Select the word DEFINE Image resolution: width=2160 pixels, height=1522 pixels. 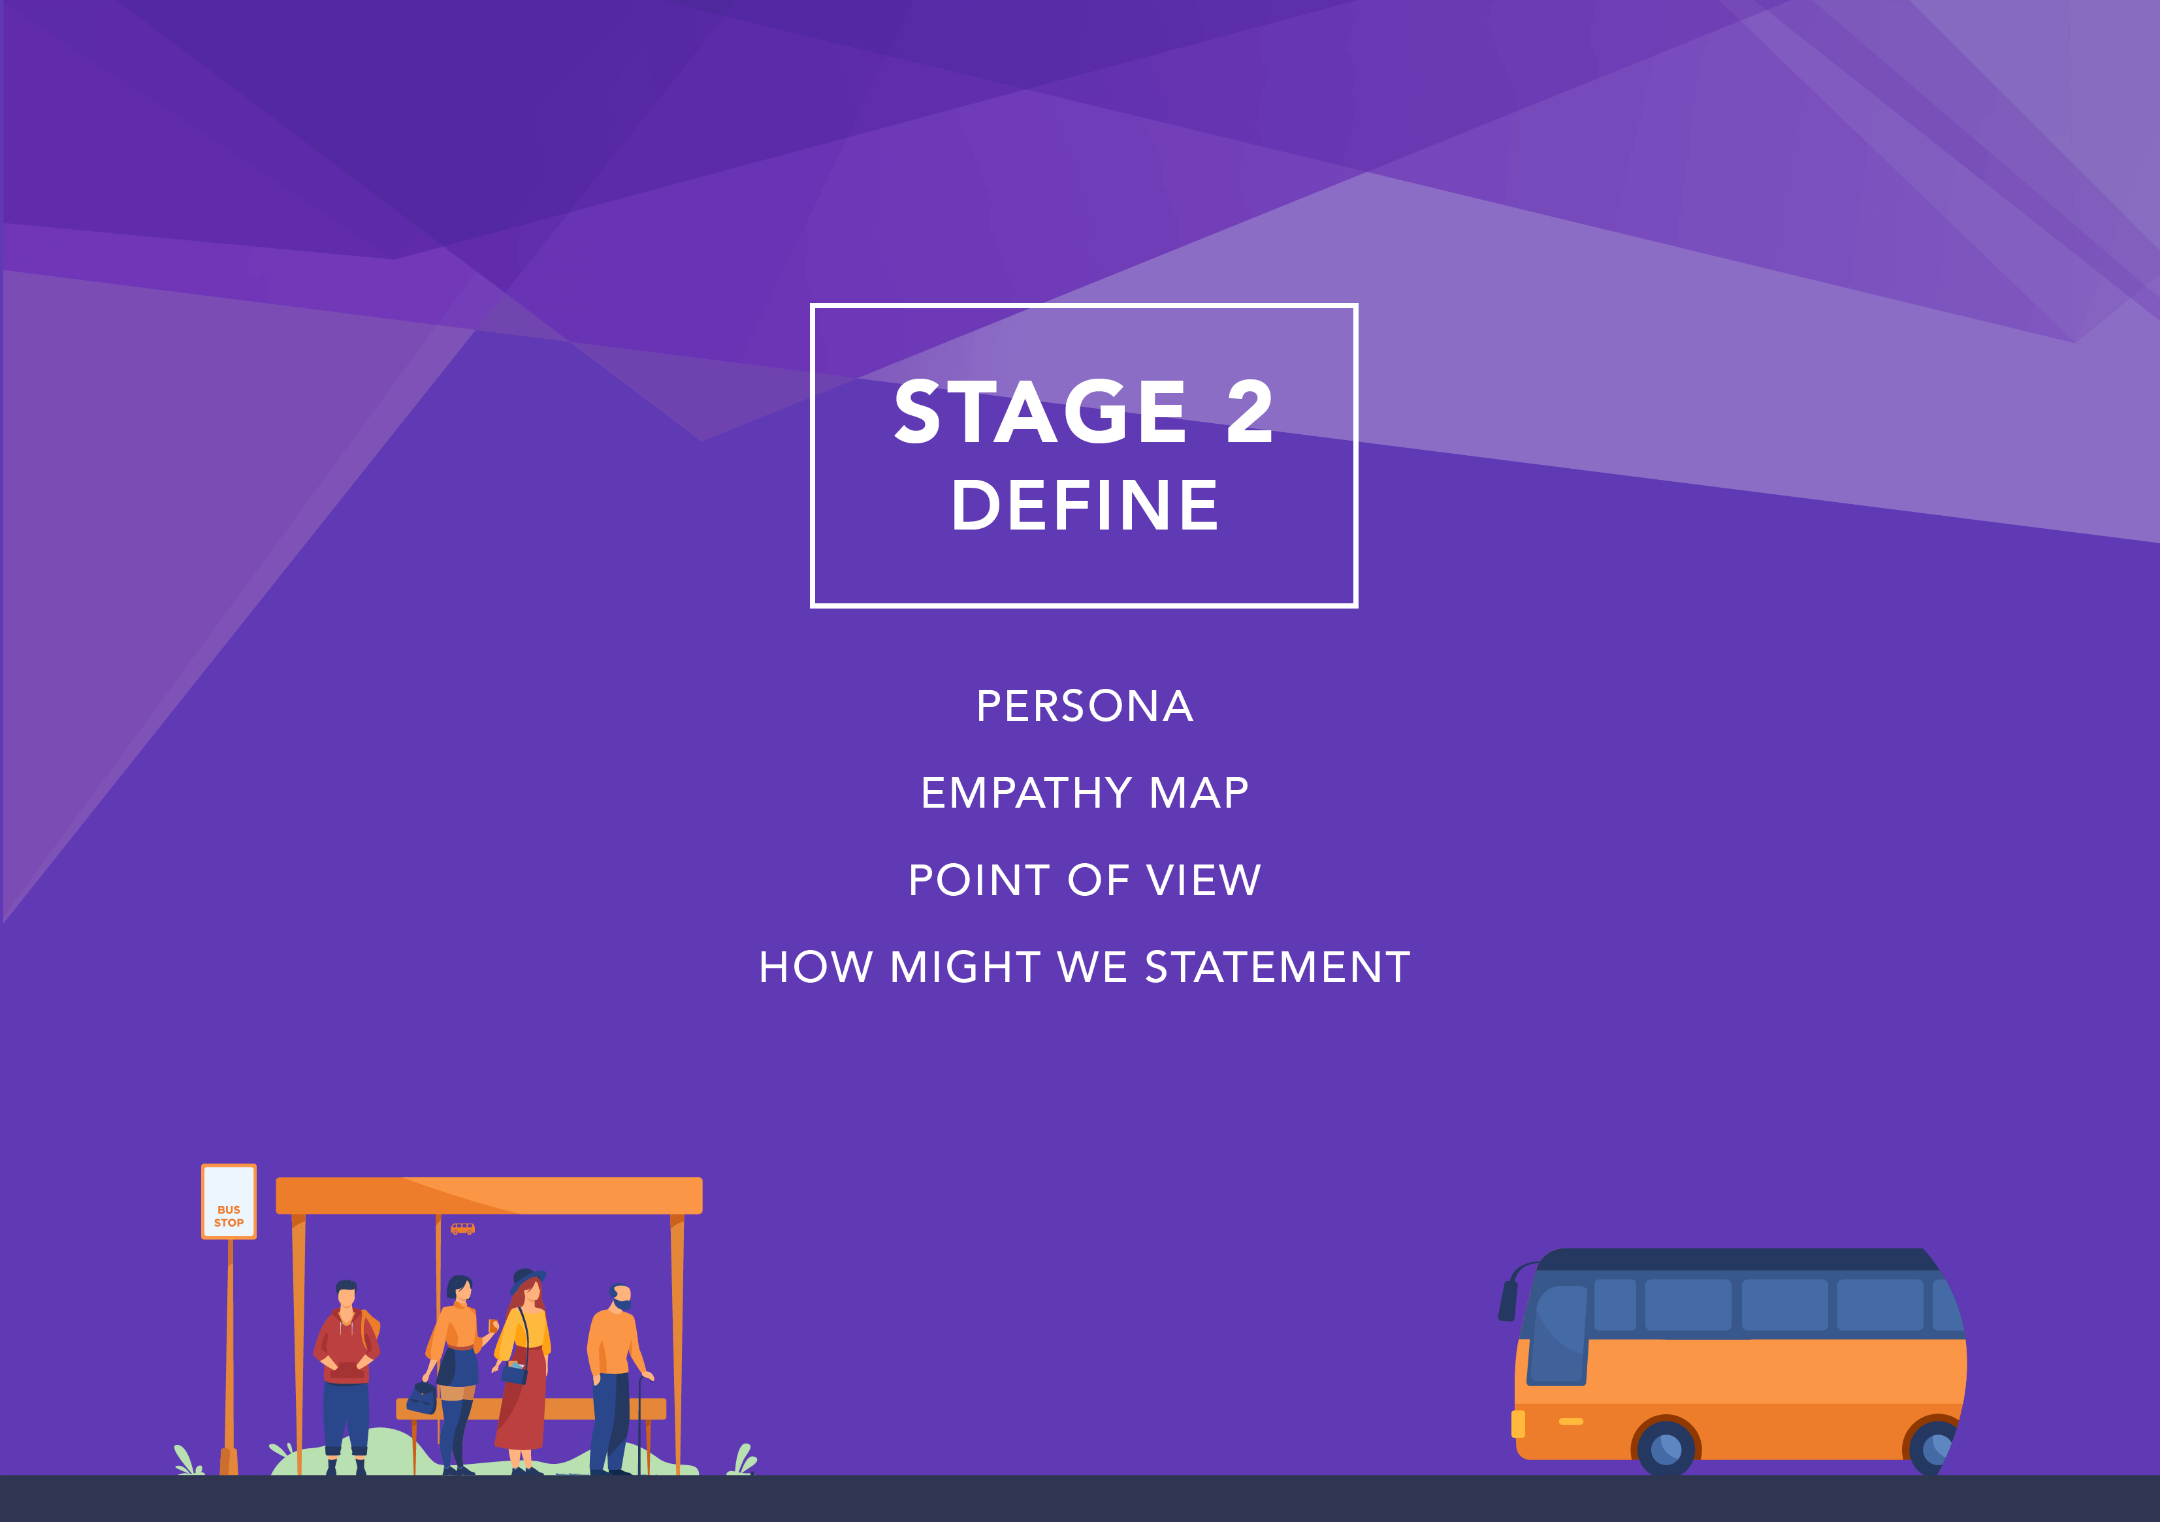pyautogui.click(x=1085, y=505)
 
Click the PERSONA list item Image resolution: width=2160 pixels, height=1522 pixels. pyautogui.click(x=1085, y=706)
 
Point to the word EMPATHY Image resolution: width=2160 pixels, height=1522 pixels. pyautogui.click(x=1025, y=793)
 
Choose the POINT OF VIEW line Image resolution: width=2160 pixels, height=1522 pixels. pyautogui.click(x=1085, y=880)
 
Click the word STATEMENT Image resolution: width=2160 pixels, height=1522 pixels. pyautogui.click(x=1278, y=967)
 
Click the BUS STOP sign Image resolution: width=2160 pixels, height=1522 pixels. pyautogui.click(x=229, y=1201)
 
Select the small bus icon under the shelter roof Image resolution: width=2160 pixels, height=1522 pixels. pyautogui.click(x=463, y=1229)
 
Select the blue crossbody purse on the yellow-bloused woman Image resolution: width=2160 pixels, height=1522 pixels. pyautogui.click(x=515, y=1372)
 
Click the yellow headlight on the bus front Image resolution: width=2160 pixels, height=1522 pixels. pyautogui.click(x=1517, y=1424)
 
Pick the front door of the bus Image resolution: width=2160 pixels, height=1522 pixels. pyautogui.click(x=1558, y=1335)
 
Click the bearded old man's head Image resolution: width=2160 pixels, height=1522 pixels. pyautogui.click(x=620, y=1297)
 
